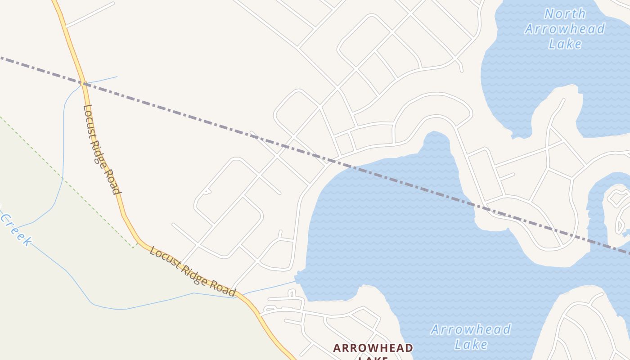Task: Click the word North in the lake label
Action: (x=565, y=13)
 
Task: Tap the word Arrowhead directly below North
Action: (x=565, y=29)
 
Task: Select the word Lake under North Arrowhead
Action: (x=565, y=44)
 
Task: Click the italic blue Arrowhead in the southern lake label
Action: (x=471, y=329)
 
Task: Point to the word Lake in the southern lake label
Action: (x=471, y=345)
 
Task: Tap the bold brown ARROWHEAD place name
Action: (x=373, y=348)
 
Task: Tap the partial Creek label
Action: (x=17, y=230)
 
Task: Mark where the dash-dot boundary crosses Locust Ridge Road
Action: (x=82, y=83)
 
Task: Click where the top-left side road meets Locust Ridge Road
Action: (x=66, y=27)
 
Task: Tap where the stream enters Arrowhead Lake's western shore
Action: (x=296, y=282)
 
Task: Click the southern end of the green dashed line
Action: (x=134, y=247)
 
